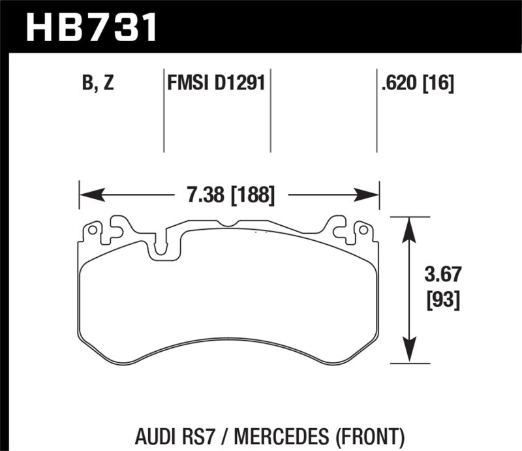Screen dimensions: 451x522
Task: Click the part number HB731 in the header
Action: (91, 26)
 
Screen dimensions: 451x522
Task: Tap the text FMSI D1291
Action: (216, 84)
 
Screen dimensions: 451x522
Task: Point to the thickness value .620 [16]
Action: (416, 84)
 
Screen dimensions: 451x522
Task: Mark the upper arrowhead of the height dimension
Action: (409, 226)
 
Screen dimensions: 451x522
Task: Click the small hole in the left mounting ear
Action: (93, 230)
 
